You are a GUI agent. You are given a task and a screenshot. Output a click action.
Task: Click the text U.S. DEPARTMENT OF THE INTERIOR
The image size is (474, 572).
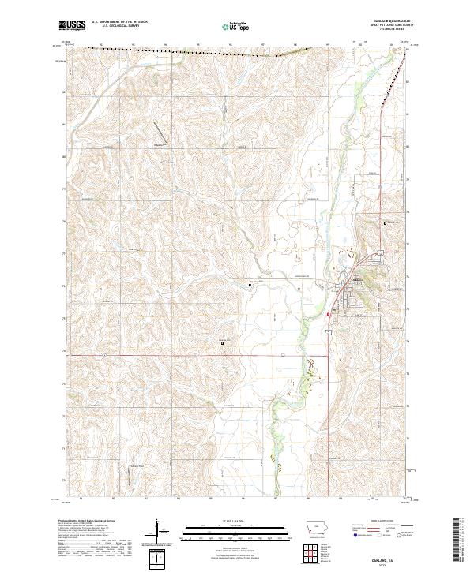118,23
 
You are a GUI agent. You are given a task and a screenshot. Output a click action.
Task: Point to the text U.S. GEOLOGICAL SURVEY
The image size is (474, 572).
115,27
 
